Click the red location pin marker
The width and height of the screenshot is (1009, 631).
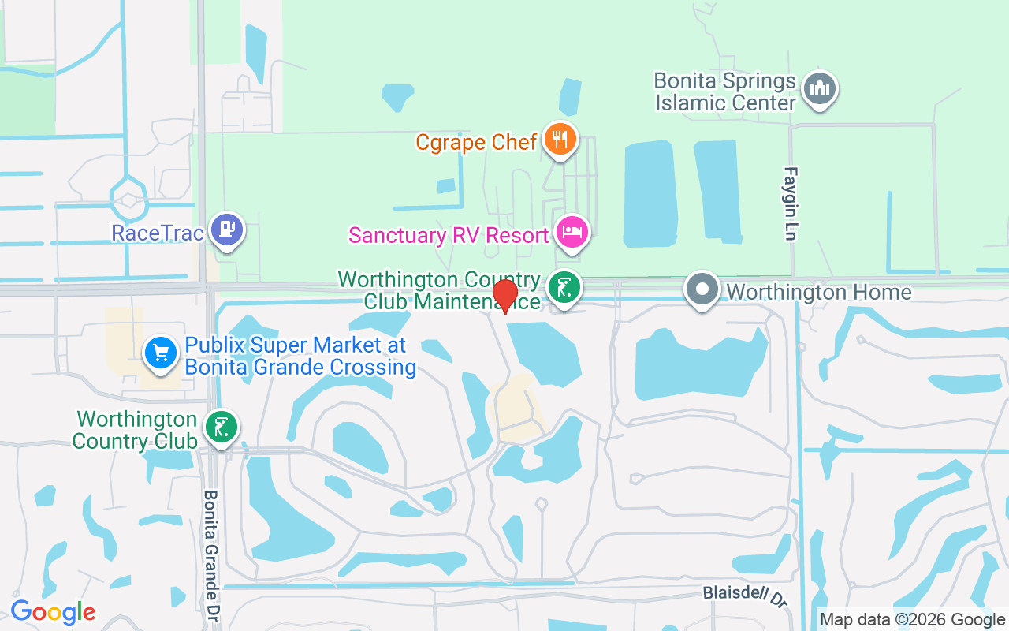pyautogui.click(x=504, y=296)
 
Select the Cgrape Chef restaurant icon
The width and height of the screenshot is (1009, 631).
pyautogui.click(x=560, y=140)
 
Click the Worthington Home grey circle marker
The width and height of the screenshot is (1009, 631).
pyautogui.click(x=702, y=289)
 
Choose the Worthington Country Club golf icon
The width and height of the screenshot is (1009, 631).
pyautogui.click(x=221, y=427)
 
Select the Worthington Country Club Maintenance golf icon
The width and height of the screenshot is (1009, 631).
pyautogui.click(x=564, y=287)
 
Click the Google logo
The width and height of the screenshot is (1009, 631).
pyautogui.click(x=53, y=612)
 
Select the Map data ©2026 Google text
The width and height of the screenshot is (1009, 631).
pyautogui.click(x=912, y=620)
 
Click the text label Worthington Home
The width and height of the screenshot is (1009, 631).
pyautogui.click(x=818, y=293)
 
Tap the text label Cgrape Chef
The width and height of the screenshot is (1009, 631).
pyautogui.click(x=476, y=142)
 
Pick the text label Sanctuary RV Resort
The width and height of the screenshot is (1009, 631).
pyautogui.click(x=449, y=235)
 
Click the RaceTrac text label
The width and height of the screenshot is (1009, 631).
pyautogui.click(x=158, y=233)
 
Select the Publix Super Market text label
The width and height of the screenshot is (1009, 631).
pyautogui.click(x=300, y=356)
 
